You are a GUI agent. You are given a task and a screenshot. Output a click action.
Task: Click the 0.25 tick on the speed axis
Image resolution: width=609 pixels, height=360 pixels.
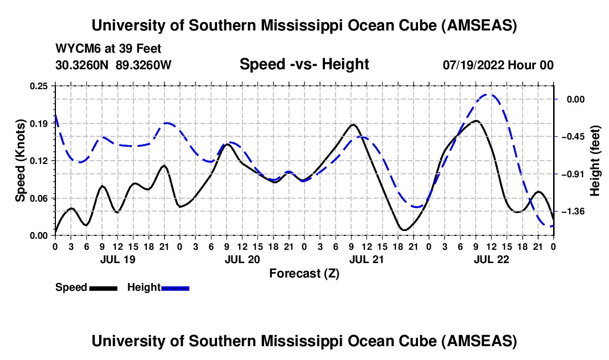pos(40,86)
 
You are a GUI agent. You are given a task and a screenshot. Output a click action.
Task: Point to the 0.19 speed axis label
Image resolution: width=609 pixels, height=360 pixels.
pos(40,124)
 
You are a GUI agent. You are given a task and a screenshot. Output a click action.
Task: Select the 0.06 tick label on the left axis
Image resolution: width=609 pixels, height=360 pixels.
pos(40,198)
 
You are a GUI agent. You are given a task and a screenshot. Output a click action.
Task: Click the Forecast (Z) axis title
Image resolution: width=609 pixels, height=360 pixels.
pos(304,273)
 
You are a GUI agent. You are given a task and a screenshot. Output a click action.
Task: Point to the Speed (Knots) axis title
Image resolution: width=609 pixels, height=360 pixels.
pos(20,161)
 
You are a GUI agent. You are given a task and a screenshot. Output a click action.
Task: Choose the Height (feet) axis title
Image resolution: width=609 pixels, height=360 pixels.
pos(595,161)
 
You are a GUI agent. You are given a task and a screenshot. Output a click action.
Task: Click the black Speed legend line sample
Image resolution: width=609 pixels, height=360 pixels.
pos(103,288)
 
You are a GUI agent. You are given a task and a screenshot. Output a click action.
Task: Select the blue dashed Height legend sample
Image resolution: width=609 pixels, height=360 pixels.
pos(175,288)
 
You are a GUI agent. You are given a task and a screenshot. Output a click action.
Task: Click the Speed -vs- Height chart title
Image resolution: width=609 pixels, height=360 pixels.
pos(304,64)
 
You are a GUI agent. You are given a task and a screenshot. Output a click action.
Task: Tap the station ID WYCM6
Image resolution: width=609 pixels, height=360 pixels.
pos(75,49)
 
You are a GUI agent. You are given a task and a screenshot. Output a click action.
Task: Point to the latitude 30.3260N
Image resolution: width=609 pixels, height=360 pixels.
pos(83,65)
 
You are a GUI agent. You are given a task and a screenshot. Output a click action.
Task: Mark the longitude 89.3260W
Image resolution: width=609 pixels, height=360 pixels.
pos(144,65)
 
